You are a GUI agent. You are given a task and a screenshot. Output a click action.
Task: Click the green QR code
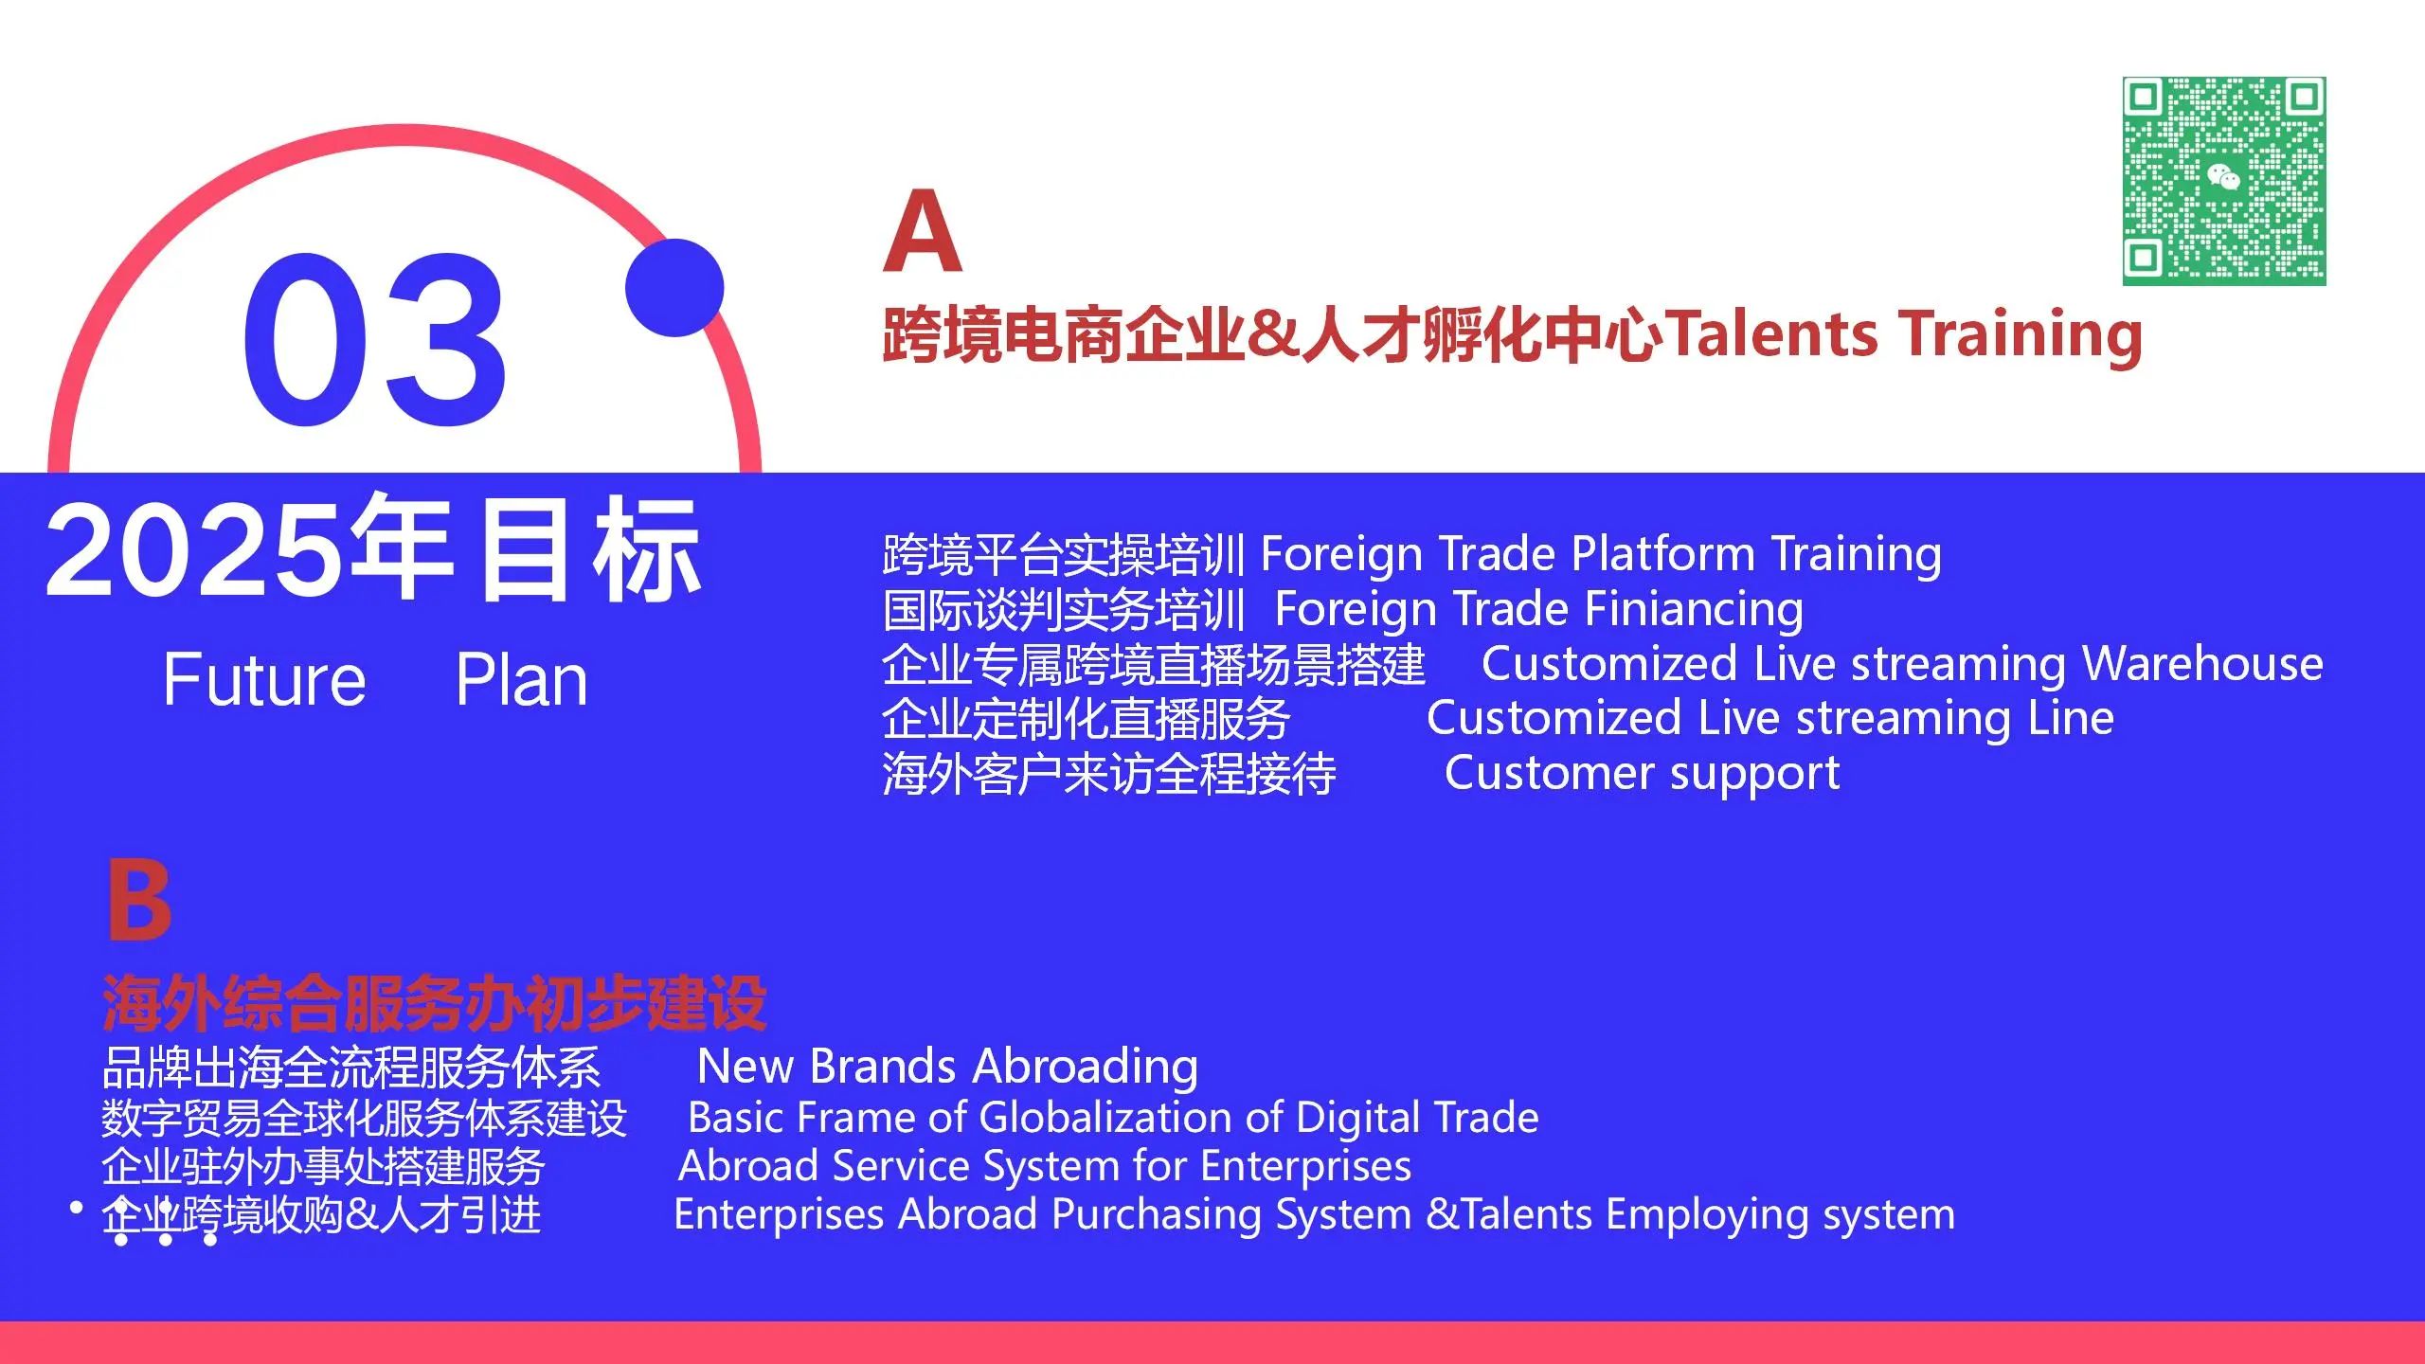(x=2224, y=181)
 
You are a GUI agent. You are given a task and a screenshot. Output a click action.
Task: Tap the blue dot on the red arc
(x=674, y=288)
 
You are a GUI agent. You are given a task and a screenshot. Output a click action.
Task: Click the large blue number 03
(x=375, y=340)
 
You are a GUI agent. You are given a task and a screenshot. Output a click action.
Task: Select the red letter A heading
(x=923, y=230)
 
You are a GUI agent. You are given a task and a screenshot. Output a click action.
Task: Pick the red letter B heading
(x=139, y=900)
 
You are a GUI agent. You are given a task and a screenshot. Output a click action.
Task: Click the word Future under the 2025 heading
(x=264, y=679)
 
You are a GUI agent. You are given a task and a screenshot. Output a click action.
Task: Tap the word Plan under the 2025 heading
(x=522, y=679)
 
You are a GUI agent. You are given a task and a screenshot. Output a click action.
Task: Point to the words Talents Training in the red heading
(x=1904, y=336)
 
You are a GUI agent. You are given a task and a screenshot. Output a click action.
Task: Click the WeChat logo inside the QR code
(x=2223, y=177)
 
